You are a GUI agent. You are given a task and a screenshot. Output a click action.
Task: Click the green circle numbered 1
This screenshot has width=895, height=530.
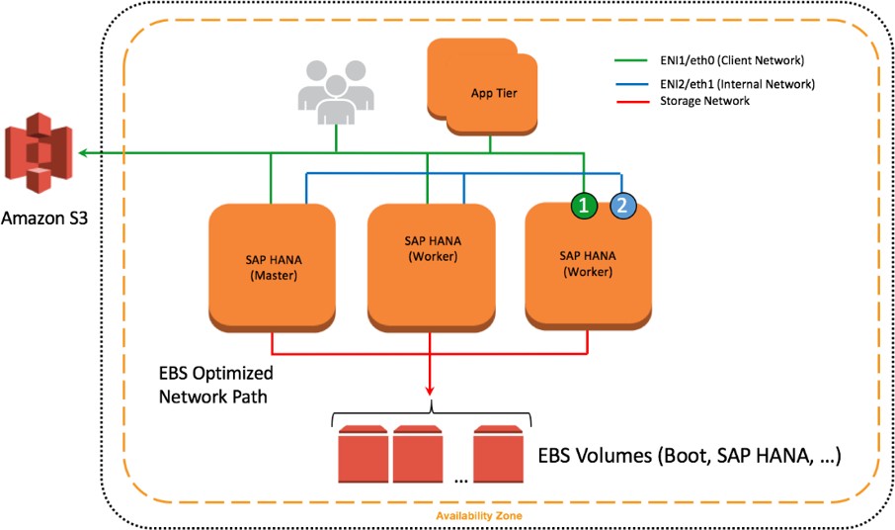coord(585,206)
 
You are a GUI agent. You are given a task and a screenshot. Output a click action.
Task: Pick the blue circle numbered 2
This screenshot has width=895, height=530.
coord(621,206)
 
